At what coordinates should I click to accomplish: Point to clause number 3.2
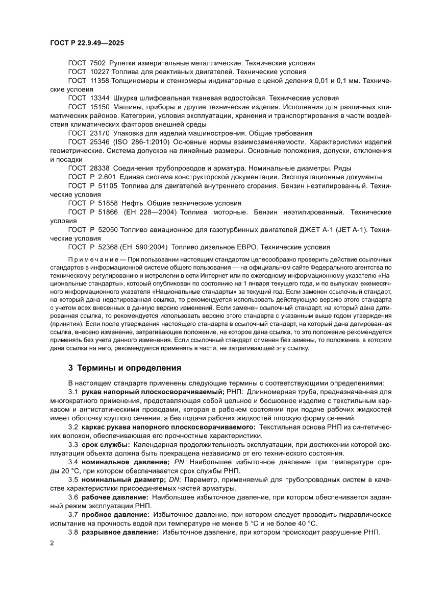point(73,427)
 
